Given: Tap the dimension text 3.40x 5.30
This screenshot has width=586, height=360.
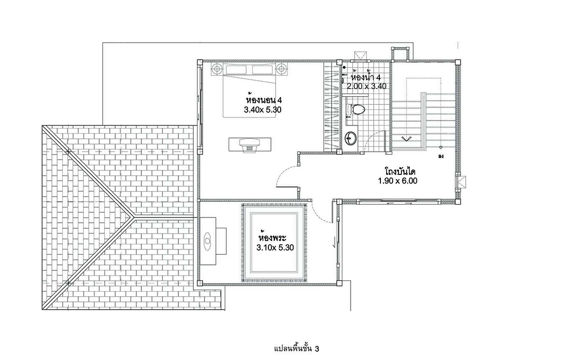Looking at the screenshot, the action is [x=262, y=110].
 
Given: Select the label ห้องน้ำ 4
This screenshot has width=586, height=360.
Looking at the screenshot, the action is [x=366, y=77].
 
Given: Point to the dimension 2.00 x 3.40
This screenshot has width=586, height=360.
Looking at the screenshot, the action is [x=366, y=86].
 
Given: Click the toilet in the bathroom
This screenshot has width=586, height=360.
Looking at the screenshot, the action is [x=356, y=110].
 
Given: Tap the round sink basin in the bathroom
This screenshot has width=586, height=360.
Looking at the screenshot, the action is [x=351, y=138].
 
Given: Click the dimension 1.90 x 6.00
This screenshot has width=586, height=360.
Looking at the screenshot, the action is [x=398, y=182].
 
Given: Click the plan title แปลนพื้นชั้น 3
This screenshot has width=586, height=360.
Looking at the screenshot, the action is [x=297, y=349].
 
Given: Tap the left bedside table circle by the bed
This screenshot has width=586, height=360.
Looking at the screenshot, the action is [x=217, y=69].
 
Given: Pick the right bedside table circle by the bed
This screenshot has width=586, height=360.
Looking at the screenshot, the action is [x=281, y=69].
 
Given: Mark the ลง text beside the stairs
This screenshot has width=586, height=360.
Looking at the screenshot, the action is [x=441, y=156].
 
